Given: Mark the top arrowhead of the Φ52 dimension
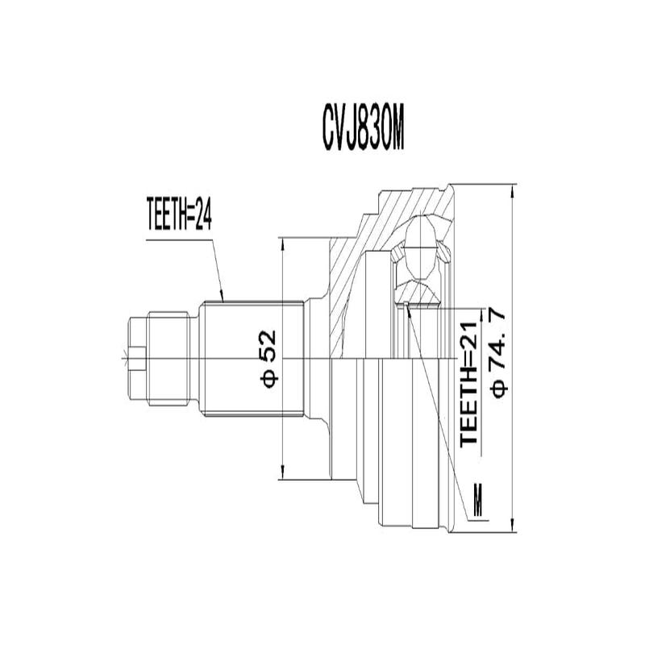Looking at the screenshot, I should coord(282,241).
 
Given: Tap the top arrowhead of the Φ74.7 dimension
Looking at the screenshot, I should coord(513,188).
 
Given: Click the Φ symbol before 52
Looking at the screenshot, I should coord(269,376).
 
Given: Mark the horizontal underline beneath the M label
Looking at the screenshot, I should coord(476,520).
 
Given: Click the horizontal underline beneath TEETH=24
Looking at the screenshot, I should coord(177,235).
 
